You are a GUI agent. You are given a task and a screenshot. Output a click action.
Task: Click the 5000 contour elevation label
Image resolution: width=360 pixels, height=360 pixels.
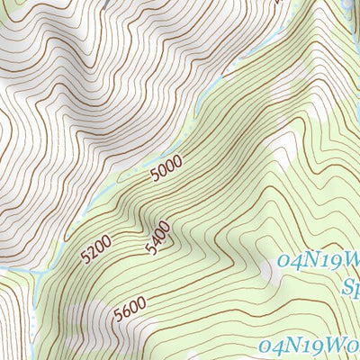click(x=166, y=167)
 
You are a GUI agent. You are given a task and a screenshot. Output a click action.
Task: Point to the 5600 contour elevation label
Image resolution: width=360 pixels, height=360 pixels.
click(x=130, y=311)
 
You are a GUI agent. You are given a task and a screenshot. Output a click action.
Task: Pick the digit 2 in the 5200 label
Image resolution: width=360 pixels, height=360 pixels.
click(x=92, y=251)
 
